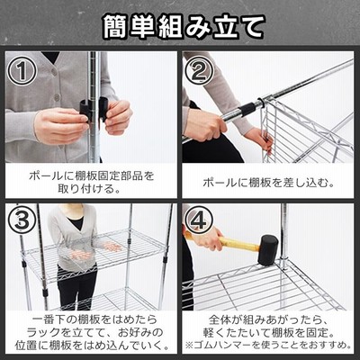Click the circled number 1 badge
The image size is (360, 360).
point(22,71)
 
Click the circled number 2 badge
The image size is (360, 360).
point(199,71)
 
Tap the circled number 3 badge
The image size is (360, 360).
point(22,220)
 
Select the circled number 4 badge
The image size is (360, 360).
point(199,220)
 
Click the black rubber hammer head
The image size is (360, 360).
point(267,250)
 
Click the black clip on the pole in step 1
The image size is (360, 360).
point(94,110)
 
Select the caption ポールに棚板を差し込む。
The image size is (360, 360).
point(268,183)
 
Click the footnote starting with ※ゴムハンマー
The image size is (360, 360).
point(268,345)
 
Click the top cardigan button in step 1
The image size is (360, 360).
point(54,71)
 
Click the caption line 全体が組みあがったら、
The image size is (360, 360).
point(267,319)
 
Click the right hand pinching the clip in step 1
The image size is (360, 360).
point(119,115)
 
